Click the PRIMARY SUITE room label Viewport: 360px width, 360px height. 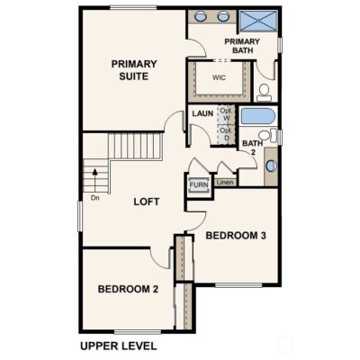tap(134, 70)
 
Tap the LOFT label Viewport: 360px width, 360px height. tap(147, 202)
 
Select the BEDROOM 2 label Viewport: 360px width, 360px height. tap(128, 289)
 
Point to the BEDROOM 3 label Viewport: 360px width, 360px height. tap(236, 236)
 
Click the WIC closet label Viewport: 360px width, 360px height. tap(219, 77)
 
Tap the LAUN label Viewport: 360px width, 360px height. tap(202, 113)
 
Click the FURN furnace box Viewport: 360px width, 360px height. tap(199, 184)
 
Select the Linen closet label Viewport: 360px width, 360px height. tap(225, 182)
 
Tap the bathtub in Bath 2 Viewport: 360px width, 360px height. tap(258, 116)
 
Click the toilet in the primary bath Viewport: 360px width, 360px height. tap(264, 93)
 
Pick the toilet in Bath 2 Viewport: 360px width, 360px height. tap(268, 135)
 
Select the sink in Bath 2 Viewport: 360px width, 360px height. tap(271, 166)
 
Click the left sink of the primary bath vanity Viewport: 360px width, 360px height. tap(200, 16)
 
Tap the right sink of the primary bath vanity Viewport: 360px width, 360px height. tap(223, 16)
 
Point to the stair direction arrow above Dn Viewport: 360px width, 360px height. tap(95, 180)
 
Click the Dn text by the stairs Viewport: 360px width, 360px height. tap(95, 198)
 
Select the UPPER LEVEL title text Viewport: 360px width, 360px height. tap(119, 346)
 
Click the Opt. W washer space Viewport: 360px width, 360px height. tap(226, 114)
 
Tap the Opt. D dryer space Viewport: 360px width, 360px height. tap(226, 134)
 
